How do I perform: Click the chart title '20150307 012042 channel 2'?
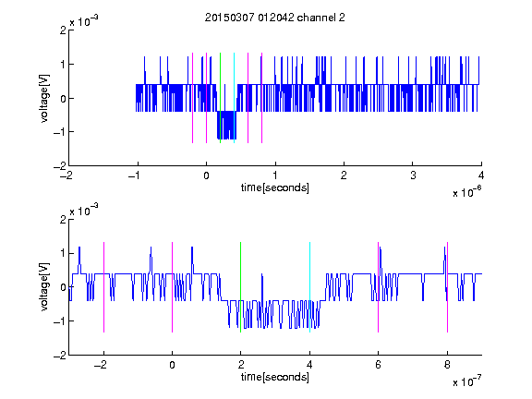point(275,18)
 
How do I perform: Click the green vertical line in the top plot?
point(220,98)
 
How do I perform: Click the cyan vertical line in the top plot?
point(234,98)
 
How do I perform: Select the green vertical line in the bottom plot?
point(240,287)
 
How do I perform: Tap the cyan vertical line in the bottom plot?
point(309,287)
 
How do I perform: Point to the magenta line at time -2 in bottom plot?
point(103,287)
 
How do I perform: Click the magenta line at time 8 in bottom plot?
point(448,287)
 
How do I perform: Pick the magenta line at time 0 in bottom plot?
point(173,287)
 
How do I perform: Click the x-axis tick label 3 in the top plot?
point(413,175)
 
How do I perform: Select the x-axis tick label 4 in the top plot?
point(481,175)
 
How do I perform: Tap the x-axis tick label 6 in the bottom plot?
point(379,365)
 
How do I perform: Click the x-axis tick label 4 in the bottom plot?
point(309,365)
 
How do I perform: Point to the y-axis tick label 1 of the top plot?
point(63,64)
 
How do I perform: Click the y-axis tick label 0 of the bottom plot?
point(63,287)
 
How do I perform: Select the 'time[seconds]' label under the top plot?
point(275,187)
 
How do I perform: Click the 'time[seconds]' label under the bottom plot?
point(275,377)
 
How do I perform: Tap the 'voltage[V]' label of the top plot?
point(44,98)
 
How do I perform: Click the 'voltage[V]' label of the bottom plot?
point(44,286)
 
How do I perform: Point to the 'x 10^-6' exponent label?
point(467,191)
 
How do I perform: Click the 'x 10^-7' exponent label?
point(467,381)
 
